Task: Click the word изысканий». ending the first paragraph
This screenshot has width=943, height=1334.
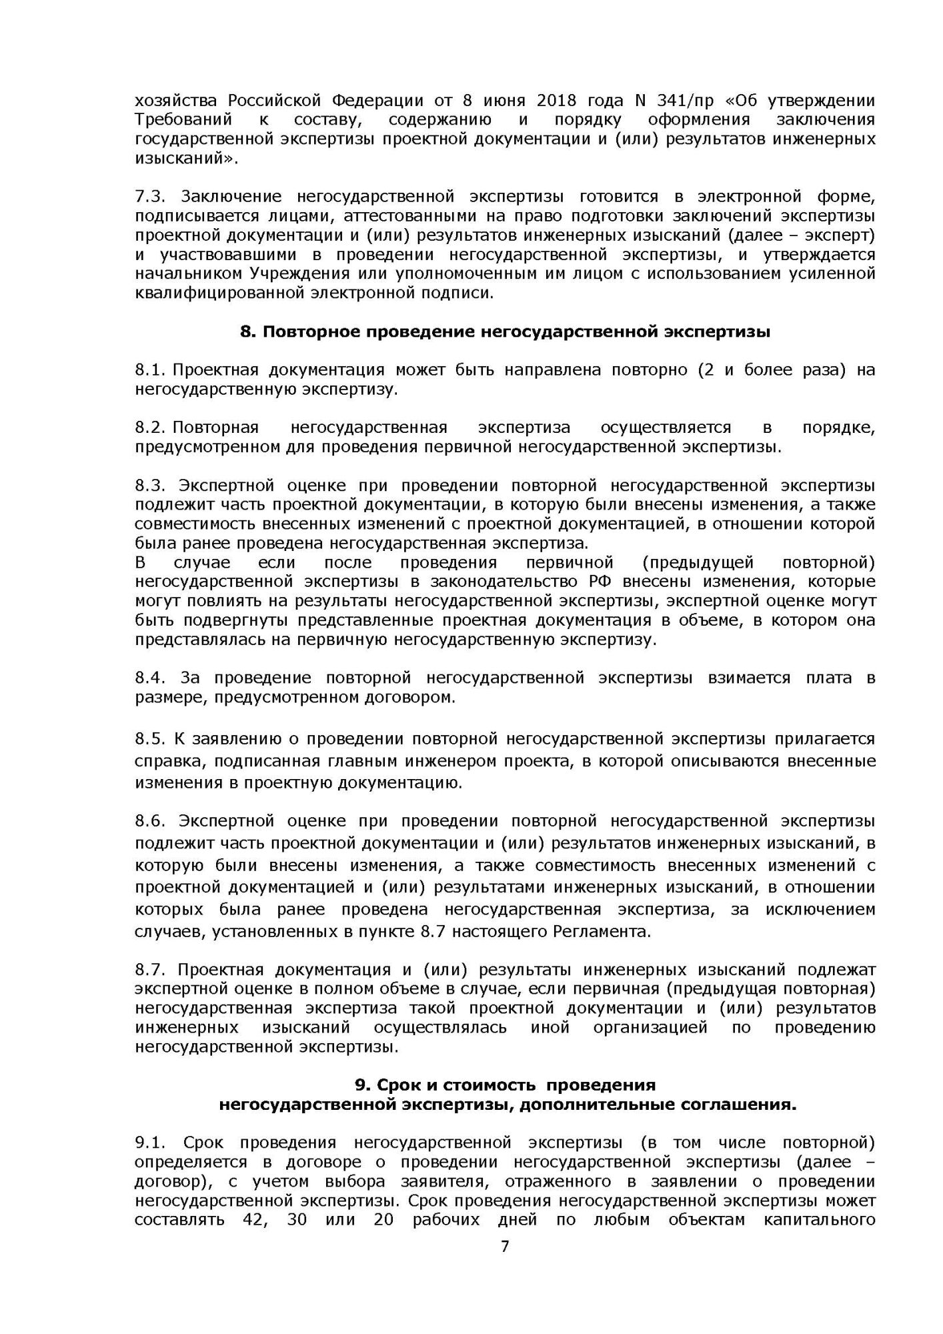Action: point(187,159)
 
